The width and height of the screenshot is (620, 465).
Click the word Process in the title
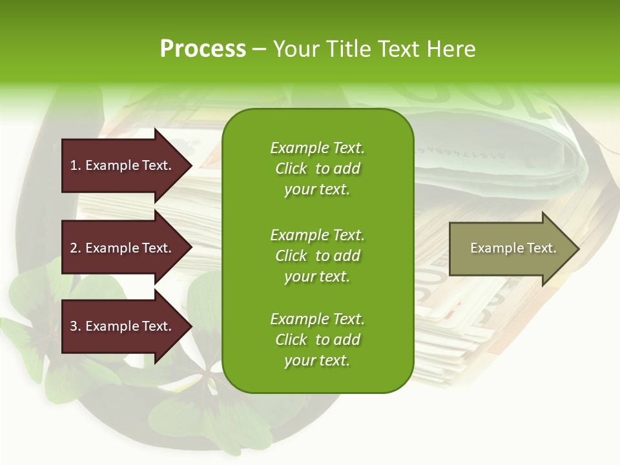tap(203, 48)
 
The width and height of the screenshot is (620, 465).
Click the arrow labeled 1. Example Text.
tap(121, 165)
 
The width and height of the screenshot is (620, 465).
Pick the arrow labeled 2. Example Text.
tap(121, 248)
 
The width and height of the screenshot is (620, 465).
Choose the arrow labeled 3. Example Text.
tap(121, 326)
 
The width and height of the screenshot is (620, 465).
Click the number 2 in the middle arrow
tap(74, 248)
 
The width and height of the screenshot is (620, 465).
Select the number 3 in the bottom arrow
tap(74, 326)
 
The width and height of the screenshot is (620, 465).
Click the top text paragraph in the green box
tap(317, 169)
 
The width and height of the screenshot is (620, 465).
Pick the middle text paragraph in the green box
tap(317, 256)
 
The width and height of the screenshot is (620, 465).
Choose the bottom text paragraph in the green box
tap(317, 340)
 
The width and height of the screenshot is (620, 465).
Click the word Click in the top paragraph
tap(291, 169)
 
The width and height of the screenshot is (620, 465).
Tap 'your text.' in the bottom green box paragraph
tap(317, 360)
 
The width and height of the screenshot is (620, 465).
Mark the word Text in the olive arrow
tap(541, 248)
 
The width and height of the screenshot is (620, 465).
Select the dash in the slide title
tap(259, 49)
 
